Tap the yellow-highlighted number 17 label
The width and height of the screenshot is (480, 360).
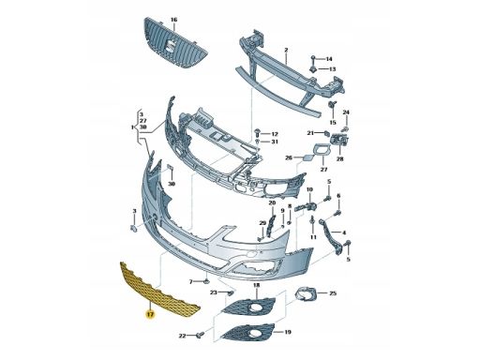tap(150, 315)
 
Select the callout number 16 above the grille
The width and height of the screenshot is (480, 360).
tap(173, 20)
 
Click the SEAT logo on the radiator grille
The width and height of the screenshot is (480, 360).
tap(171, 46)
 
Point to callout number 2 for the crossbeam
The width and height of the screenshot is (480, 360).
tap(286, 50)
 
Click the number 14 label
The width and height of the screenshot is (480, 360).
tap(329, 59)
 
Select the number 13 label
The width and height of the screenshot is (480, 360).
tap(332, 68)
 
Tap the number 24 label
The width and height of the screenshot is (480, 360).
tap(346, 112)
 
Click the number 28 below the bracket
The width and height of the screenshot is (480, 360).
tap(339, 158)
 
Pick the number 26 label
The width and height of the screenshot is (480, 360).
tap(289, 157)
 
